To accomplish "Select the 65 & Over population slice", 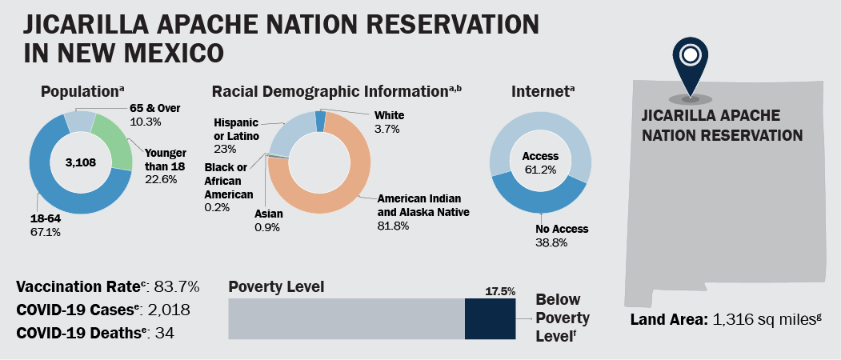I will pyautogui.click(x=79, y=121).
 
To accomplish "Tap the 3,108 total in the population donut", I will pyautogui.click(x=79, y=162).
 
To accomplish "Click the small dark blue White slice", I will pyautogui.click(x=321, y=120).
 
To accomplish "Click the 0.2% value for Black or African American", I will pyautogui.click(x=217, y=207).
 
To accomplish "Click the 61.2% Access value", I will pyautogui.click(x=540, y=170).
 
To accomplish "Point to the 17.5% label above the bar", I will pyautogui.click(x=500, y=291).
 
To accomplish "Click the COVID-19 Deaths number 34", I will pyautogui.click(x=165, y=333).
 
